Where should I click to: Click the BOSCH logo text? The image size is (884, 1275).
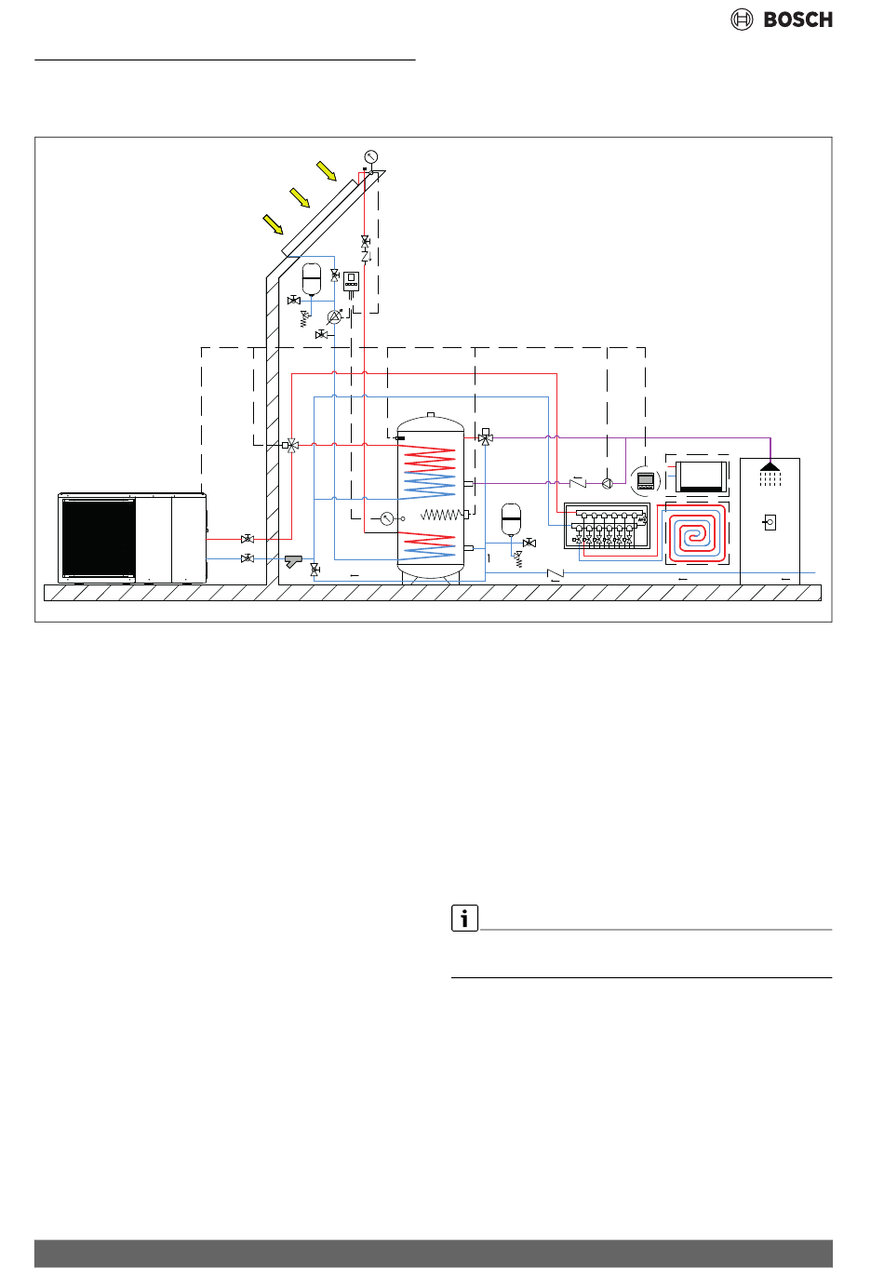click(x=797, y=20)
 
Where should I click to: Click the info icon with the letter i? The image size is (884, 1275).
click(x=464, y=918)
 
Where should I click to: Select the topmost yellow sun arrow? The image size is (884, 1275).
click(x=327, y=170)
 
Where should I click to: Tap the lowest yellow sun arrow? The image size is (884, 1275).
click(x=274, y=224)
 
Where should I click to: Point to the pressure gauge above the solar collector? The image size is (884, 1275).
click(x=370, y=156)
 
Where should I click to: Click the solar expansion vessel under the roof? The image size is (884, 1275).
click(x=312, y=278)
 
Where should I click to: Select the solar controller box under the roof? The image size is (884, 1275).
click(x=351, y=281)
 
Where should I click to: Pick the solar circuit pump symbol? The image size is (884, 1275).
click(x=334, y=317)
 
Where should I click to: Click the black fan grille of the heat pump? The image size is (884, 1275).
click(x=99, y=538)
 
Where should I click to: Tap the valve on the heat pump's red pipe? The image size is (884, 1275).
click(x=248, y=539)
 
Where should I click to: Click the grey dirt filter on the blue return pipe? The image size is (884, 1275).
click(x=293, y=560)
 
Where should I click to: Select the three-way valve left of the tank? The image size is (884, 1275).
click(x=291, y=445)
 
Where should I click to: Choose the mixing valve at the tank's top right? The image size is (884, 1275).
click(x=486, y=437)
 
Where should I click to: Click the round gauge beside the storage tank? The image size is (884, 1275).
click(x=387, y=518)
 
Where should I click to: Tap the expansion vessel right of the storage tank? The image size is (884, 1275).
click(x=511, y=519)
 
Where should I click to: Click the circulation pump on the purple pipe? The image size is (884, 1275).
click(x=607, y=484)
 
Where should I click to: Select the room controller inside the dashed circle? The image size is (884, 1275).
click(x=646, y=480)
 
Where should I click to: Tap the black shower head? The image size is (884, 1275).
click(x=770, y=466)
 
